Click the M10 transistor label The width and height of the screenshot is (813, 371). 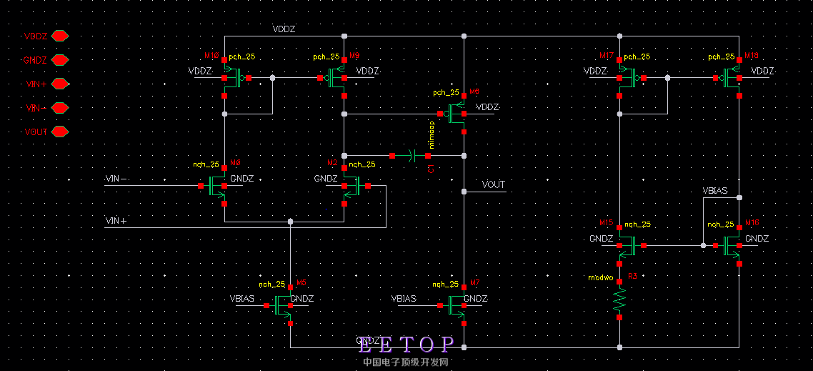(x=211, y=56)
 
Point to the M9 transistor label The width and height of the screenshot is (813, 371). (x=354, y=56)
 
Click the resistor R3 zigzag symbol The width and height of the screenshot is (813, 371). (x=619, y=301)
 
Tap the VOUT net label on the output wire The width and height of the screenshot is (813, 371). (x=494, y=184)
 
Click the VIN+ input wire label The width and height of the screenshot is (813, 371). (x=116, y=221)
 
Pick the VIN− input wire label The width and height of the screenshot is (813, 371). (x=116, y=179)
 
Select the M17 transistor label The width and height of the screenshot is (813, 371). (x=607, y=56)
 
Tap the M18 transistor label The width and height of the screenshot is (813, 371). (x=752, y=56)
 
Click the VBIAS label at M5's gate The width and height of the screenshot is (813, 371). (x=242, y=298)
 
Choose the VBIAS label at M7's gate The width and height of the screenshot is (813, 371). (x=404, y=298)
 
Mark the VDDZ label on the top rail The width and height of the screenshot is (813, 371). (x=284, y=29)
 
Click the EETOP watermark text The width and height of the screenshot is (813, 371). (x=406, y=345)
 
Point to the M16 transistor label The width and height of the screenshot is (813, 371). (x=752, y=223)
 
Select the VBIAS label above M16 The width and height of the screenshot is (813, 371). (x=715, y=192)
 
